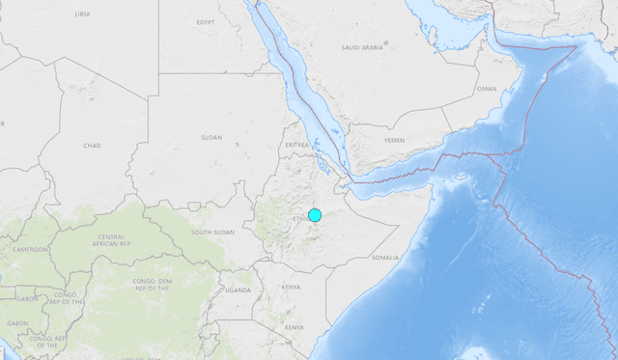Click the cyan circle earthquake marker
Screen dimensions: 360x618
(x=314, y=214)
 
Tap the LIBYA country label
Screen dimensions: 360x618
(x=83, y=14)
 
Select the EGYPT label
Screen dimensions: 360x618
(x=206, y=21)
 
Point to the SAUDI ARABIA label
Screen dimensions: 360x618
(x=363, y=46)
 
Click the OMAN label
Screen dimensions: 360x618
(x=488, y=89)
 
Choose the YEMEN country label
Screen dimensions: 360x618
(x=395, y=140)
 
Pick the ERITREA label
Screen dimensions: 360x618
(x=297, y=145)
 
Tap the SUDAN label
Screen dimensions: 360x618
(x=211, y=138)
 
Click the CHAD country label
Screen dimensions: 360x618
(x=92, y=145)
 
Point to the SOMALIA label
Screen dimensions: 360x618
(x=384, y=258)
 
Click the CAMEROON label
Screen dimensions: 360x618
(x=31, y=249)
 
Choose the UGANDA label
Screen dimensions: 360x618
(x=238, y=290)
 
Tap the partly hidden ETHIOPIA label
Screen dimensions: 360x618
(x=298, y=219)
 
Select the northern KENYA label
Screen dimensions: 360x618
(x=291, y=287)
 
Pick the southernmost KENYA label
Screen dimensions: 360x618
(x=295, y=327)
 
